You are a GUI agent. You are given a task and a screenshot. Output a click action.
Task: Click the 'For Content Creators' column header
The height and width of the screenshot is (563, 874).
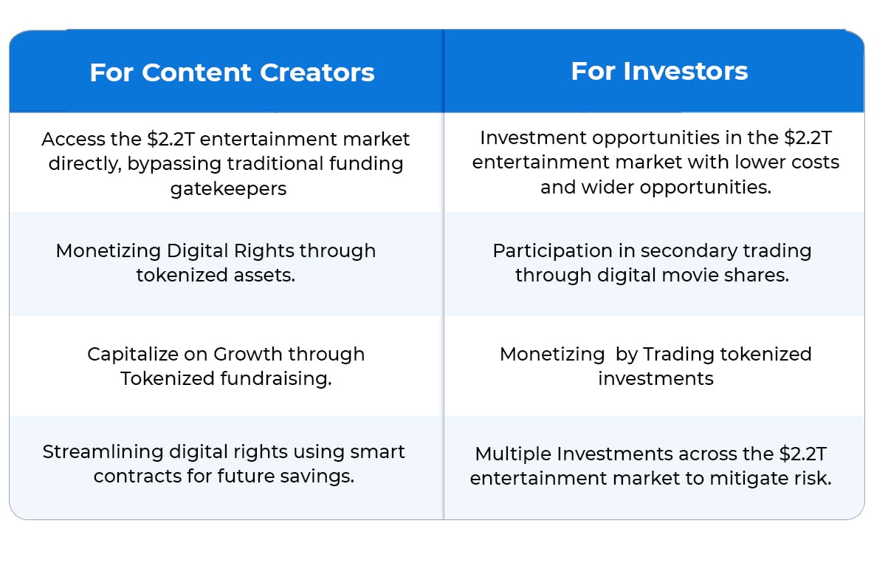point(232,72)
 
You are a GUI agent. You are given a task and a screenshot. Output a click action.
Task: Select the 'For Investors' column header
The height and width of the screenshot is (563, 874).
point(659,71)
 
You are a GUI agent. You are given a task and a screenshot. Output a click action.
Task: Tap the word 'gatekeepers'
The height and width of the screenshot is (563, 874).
point(228,189)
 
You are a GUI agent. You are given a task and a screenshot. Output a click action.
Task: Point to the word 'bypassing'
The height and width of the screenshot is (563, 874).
point(174,165)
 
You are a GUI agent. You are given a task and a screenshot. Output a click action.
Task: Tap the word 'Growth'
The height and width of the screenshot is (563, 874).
point(247,355)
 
